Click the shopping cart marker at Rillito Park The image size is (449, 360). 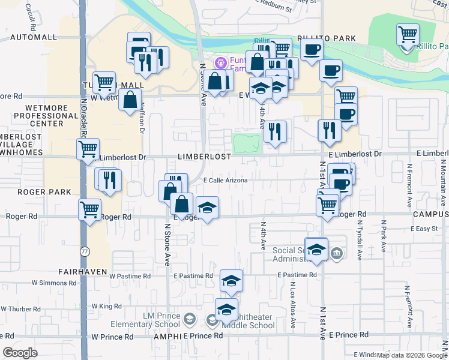pyautogui.click(x=408, y=35)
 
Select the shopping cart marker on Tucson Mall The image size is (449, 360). pyautogui.click(x=104, y=83)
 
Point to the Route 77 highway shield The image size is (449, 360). pyautogui.click(x=85, y=252)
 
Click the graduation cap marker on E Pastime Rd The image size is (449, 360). pyautogui.click(x=231, y=281)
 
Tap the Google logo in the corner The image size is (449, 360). pyautogui.click(x=20, y=353)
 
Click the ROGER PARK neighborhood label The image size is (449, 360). pyautogui.click(x=36, y=192)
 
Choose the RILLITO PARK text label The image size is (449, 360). pyautogui.click(x=330, y=38)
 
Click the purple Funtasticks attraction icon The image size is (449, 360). pyautogui.click(x=220, y=62)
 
